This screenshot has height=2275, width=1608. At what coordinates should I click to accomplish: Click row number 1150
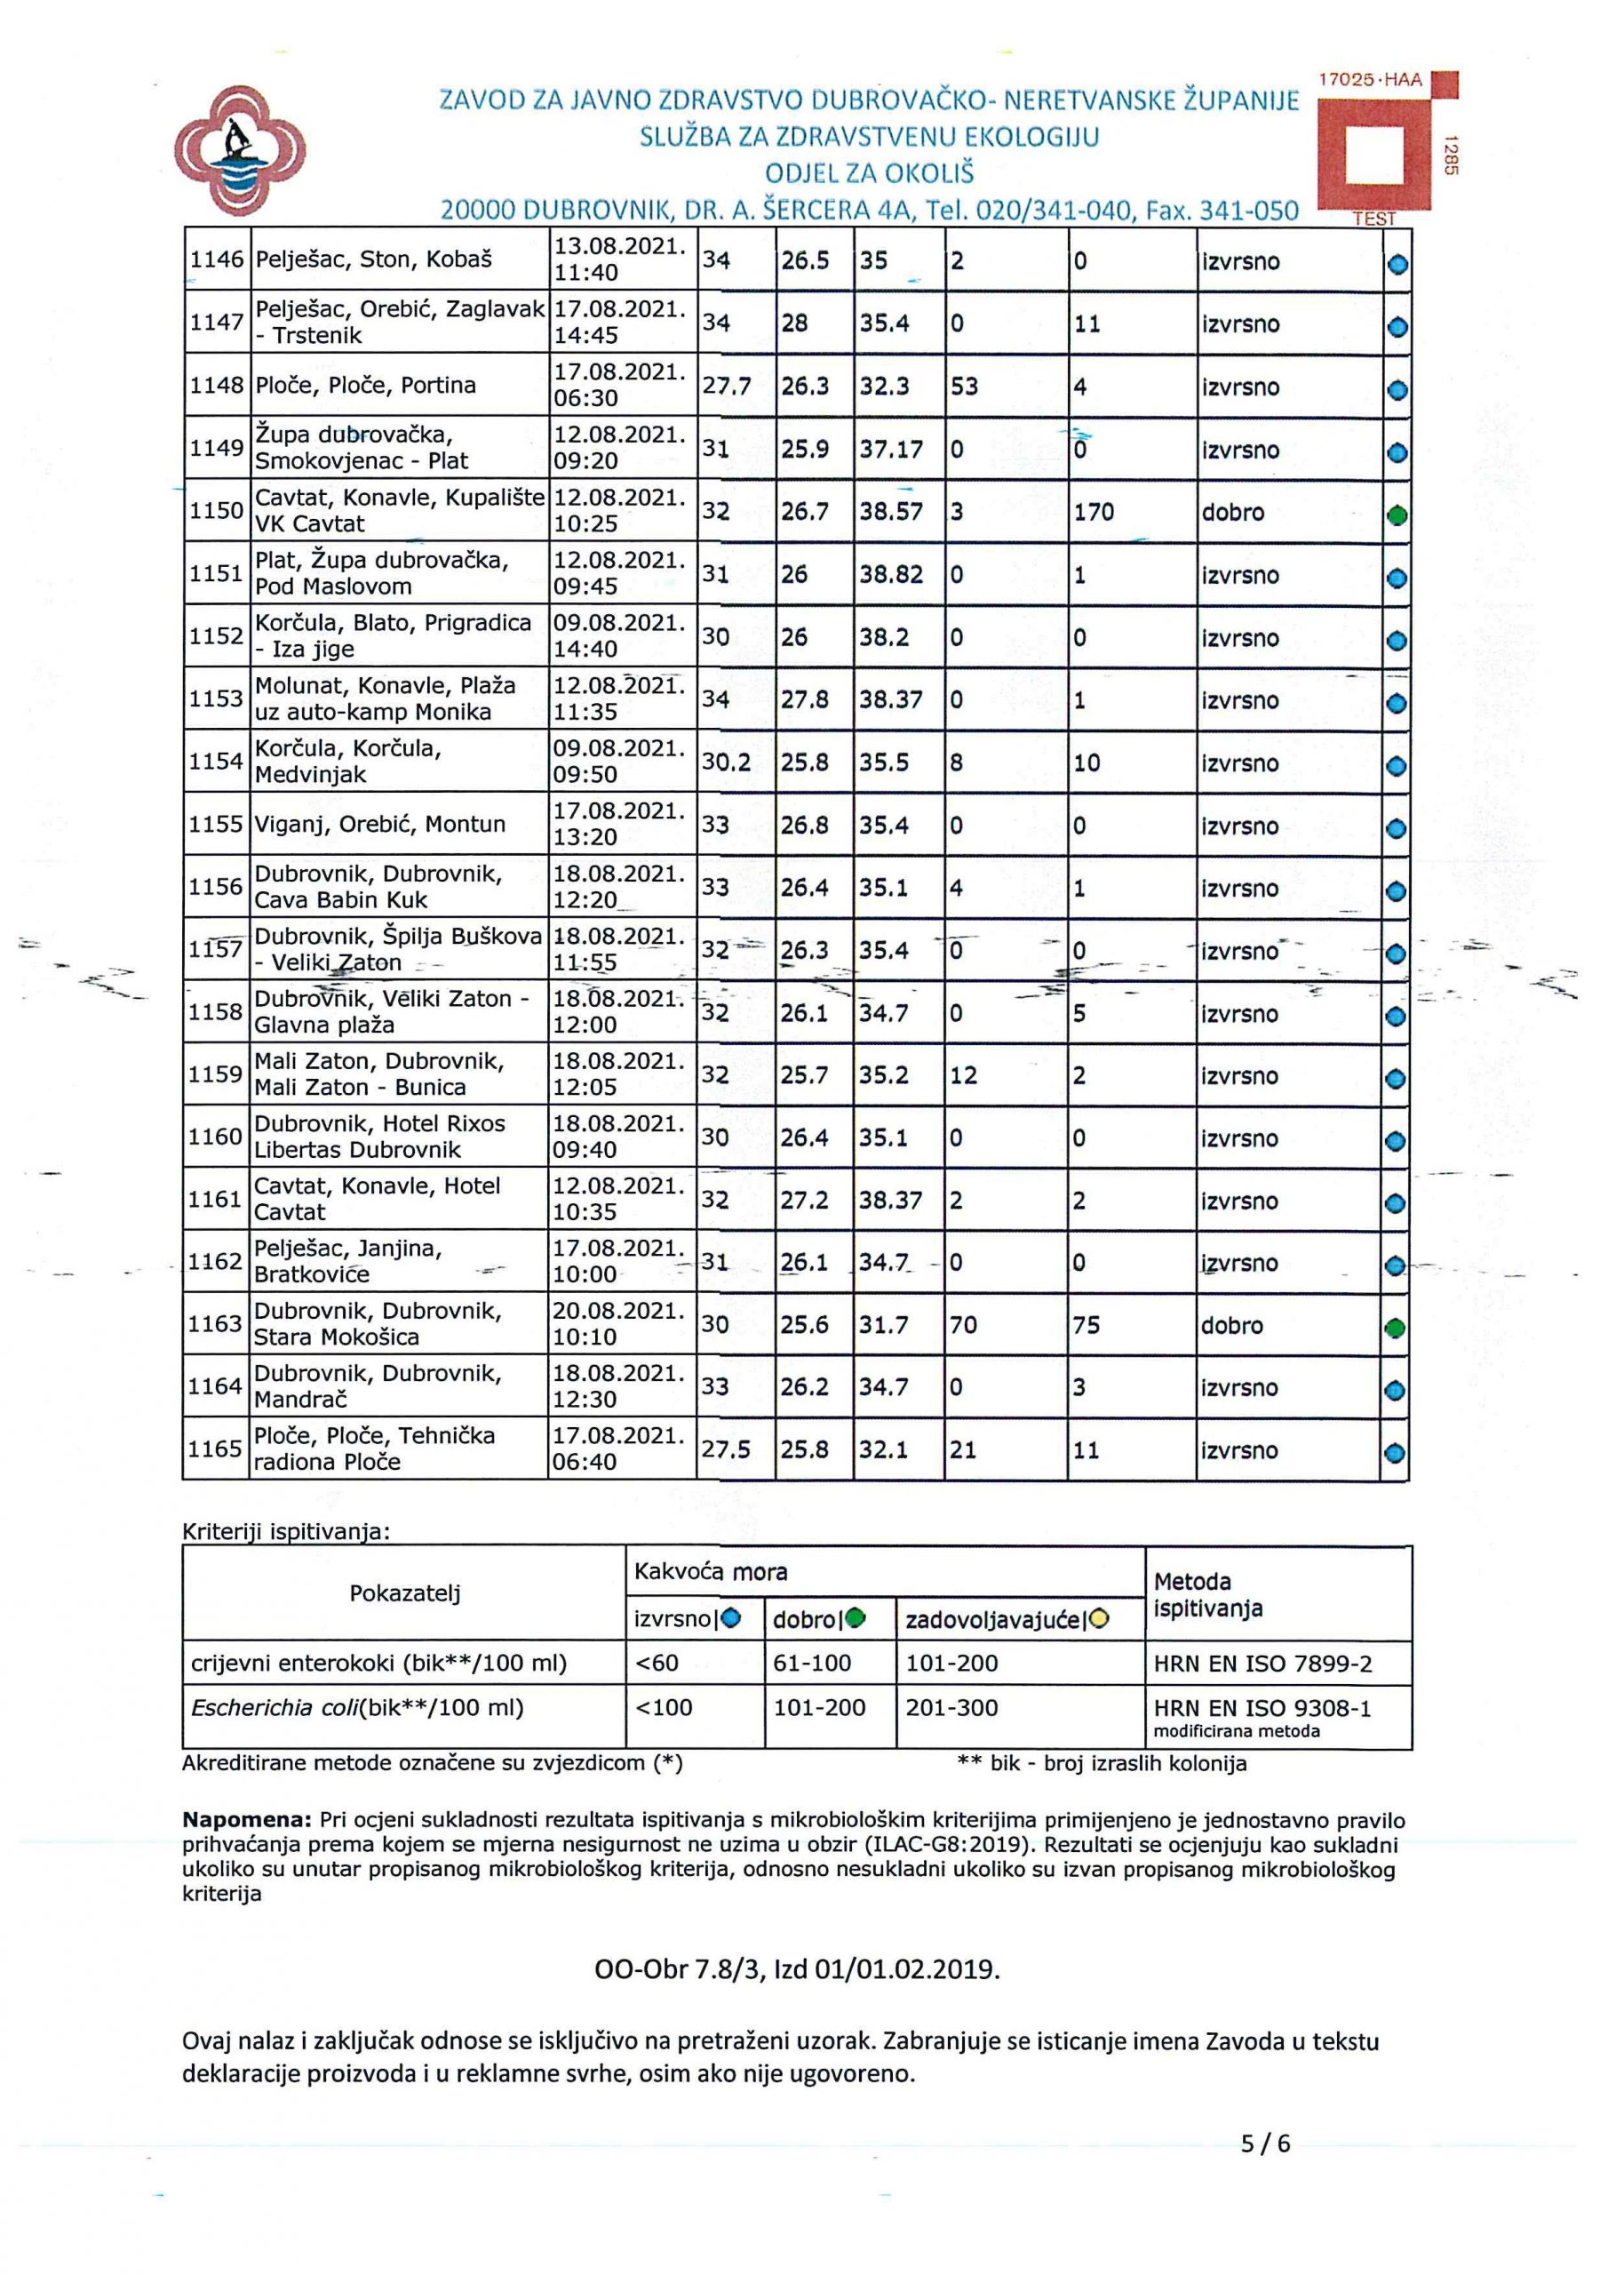click(x=216, y=511)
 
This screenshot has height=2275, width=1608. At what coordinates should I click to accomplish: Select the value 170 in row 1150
click(x=1094, y=512)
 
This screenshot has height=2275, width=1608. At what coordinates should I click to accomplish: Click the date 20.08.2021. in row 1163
click(x=619, y=1312)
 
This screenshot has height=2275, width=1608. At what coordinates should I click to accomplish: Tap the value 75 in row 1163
click(x=1086, y=1326)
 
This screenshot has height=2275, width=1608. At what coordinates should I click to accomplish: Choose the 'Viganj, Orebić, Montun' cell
click(x=380, y=825)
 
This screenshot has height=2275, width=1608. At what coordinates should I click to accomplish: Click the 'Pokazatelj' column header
click(x=404, y=1593)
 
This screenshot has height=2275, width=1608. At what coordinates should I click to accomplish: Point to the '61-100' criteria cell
click(x=811, y=1664)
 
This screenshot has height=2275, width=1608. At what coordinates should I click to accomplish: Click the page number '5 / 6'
click(x=1265, y=2144)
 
